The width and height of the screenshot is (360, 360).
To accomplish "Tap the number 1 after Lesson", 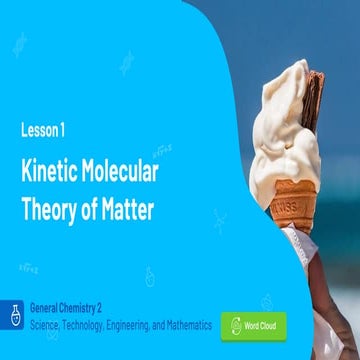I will [x=65, y=129].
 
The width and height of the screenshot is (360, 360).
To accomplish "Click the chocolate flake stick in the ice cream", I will [x=313, y=100].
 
